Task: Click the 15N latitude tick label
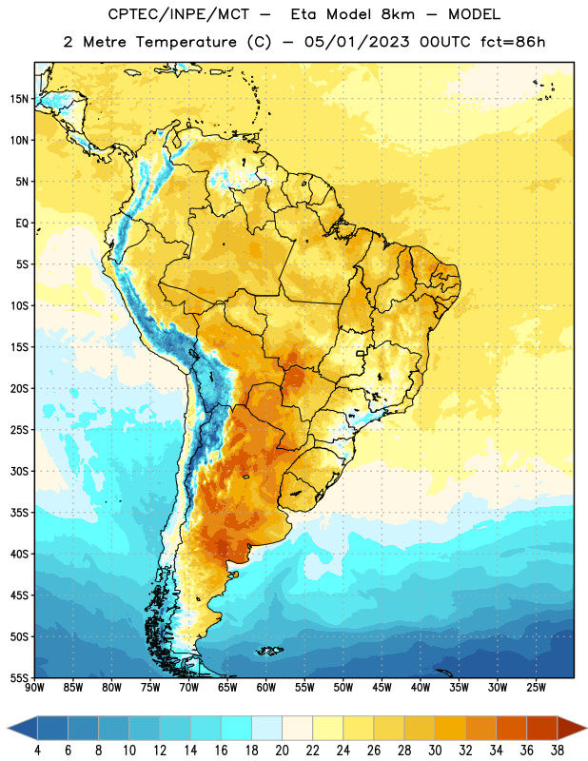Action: click(x=19, y=99)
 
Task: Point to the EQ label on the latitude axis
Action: click(x=22, y=224)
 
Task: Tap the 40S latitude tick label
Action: click(x=19, y=554)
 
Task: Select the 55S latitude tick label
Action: click(x=19, y=677)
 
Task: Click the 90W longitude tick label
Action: click(x=34, y=688)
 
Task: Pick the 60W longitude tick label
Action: click(x=266, y=688)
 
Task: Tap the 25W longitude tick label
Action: click(x=536, y=688)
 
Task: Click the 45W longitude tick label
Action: click(x=382, y=688)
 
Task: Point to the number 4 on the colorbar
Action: click(x=37, y=751)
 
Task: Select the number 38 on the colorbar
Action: click(x=558, y=751)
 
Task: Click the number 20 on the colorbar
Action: click(x=282, y=751)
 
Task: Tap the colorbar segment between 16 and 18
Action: click(x=236, y=729)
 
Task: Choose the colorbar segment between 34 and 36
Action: click(x=511, y=729)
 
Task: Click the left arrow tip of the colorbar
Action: click(x=8, y=729)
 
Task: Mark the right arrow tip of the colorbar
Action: click(x=586, y=729)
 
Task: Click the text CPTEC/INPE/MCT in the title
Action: click(x=178, y=14)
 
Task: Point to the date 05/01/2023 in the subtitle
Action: click(x=357, y=42)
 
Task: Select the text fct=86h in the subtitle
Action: click(x=513, y=42)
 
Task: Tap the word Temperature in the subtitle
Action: click(x=186, y=42)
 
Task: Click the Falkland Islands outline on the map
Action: click(x=269, y=651)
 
